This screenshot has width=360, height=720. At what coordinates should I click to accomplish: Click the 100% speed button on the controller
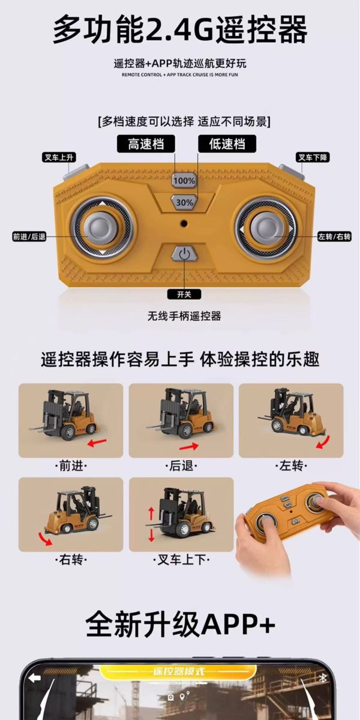184,180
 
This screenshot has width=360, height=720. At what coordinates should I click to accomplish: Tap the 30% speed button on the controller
184,202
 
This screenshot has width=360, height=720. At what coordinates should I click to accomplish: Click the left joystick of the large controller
101,230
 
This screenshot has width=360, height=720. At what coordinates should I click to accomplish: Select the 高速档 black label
146,144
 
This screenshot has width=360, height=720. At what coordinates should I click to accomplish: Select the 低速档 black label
226,144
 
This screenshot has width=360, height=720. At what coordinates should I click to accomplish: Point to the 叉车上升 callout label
59,158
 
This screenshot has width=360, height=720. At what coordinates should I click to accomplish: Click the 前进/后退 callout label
29,236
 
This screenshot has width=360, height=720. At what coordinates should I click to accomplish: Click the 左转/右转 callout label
334,236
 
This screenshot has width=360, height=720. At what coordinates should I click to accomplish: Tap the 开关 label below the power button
184,294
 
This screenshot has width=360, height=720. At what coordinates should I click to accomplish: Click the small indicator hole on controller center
184,223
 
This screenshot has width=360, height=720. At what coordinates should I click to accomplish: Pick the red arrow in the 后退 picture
188,447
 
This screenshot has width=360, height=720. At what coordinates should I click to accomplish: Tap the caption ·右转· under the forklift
71,560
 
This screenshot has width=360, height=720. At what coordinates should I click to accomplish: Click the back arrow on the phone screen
34,677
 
